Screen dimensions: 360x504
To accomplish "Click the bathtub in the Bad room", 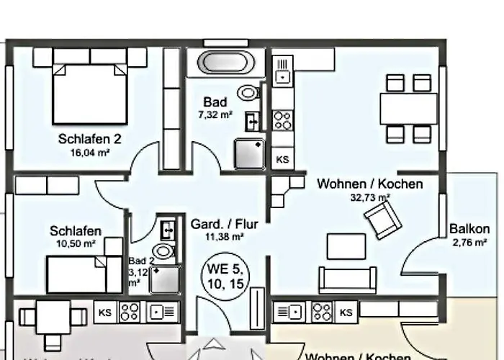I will (223, 62).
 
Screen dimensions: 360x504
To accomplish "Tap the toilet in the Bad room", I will (249, 93).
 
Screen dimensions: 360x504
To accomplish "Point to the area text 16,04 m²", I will (90, 153).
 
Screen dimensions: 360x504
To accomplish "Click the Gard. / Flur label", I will (224, 224).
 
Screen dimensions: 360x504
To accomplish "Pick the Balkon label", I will (469, 230).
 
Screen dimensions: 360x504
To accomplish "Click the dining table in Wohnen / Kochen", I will (408, 109).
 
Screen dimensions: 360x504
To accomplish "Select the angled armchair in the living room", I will (382, 218).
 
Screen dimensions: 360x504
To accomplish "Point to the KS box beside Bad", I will (283, 159).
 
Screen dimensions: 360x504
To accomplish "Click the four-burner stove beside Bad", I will (282, 120).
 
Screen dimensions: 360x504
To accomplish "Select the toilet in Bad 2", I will (165, 251).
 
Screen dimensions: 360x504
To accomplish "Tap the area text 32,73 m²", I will (370, 197).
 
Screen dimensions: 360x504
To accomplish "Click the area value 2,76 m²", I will (469, 243).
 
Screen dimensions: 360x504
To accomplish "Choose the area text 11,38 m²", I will (225, 237).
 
